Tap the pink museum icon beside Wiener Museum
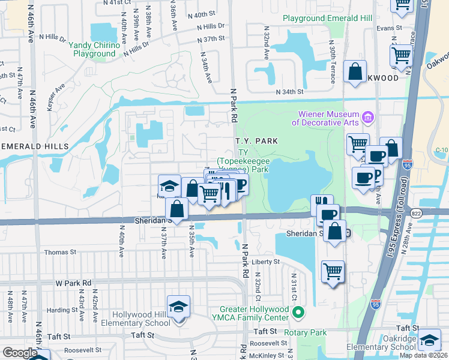369,115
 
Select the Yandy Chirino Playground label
94,49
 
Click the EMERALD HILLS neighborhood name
34,146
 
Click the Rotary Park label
306,332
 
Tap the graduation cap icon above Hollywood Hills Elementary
178,307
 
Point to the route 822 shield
415,214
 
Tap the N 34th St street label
291,92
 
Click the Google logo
20,353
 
